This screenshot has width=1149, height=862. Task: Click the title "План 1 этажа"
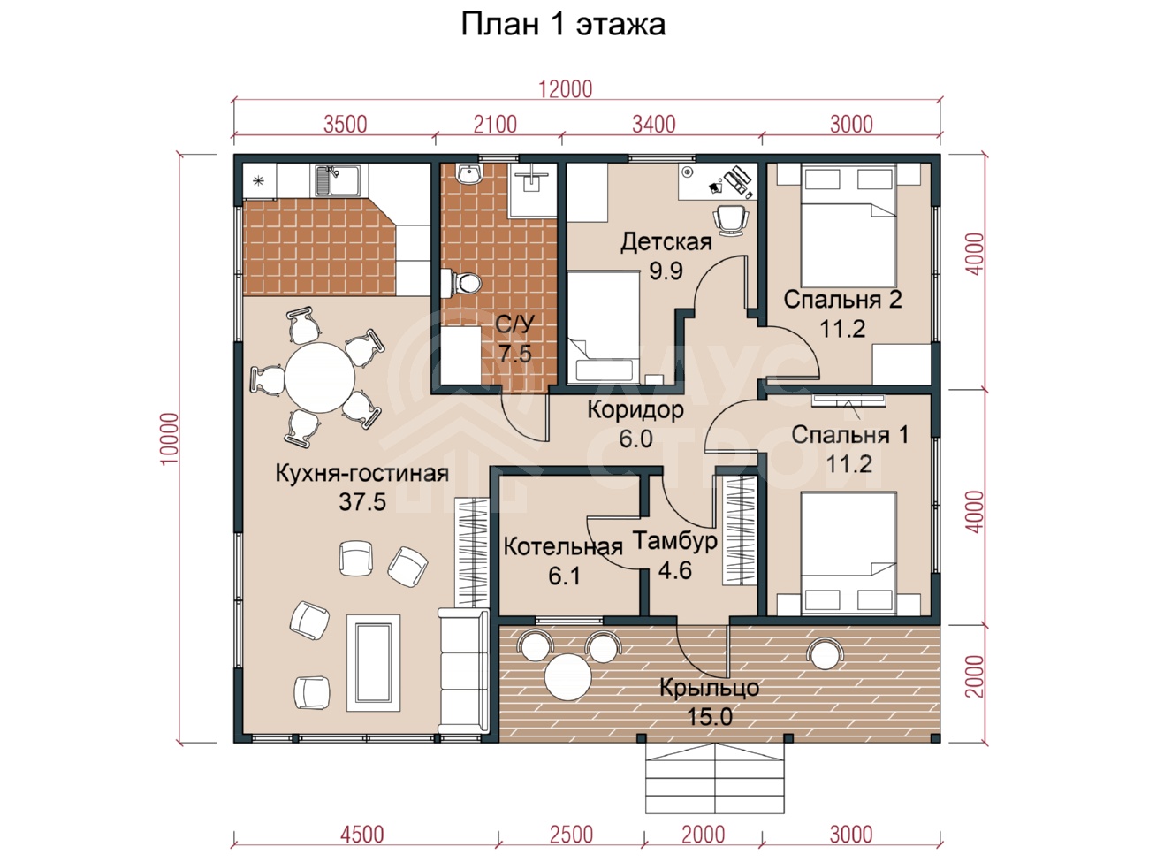563,25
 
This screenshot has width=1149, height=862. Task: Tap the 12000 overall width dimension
566,89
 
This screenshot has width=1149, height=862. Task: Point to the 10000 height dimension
170,439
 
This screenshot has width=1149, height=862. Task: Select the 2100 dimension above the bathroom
495,125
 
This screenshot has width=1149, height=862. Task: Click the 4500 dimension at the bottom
362,835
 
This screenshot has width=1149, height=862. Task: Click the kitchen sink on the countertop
337,179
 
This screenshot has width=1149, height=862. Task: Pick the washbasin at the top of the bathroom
468,173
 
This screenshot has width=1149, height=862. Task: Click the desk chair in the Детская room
731,218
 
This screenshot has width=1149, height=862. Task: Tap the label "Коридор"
635,410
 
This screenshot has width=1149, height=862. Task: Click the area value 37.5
362,502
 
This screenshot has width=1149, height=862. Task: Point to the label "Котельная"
563,547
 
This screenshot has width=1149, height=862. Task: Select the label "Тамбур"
675,541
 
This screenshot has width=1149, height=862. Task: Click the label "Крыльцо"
710,688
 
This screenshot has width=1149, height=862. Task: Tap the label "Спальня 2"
843,300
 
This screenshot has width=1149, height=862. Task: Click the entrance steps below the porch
714,778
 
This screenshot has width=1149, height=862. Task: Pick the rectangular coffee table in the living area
373,663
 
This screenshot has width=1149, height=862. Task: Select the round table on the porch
568,677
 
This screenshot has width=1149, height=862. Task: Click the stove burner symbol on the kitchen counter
259,181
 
